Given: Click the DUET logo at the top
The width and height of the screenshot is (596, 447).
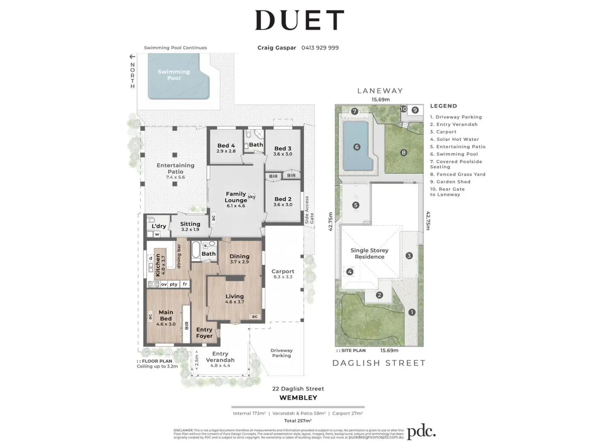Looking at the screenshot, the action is click(x=300, y=20).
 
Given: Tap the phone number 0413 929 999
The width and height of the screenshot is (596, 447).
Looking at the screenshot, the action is click(x=320, y=48).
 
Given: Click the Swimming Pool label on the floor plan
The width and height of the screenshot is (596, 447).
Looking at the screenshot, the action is click(x=174, y=75).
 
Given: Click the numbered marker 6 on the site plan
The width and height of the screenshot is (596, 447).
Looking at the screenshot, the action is click(x=357, y=147).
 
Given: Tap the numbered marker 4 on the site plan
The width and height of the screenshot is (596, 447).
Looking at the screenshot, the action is click(x=350, y=272).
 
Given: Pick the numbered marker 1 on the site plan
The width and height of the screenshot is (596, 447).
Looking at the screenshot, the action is click(x=412, y=312).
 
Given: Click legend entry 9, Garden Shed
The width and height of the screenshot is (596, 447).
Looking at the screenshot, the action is click(x=450, y=182).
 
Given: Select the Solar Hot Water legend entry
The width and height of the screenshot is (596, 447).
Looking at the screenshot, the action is click(x=454, y=139).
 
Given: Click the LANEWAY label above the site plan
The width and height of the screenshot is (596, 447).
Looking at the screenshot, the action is click(x=380, y=91).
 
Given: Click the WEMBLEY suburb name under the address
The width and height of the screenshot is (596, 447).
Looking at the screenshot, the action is click(x=298, y=398).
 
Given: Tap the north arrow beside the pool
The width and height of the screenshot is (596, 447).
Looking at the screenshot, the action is click(x=132, y=57).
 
